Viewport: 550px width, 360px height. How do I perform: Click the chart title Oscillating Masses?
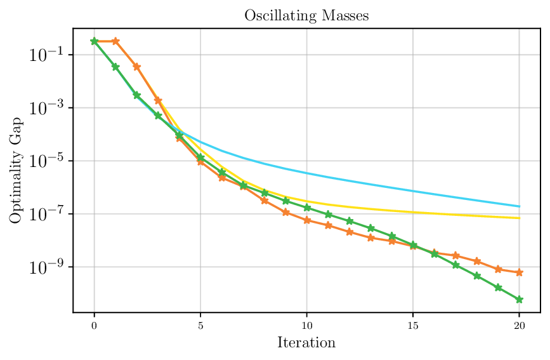pyautogui.click(x=306, y=17)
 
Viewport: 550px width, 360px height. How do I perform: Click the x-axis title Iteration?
pyautogui.click(x=306, y=343)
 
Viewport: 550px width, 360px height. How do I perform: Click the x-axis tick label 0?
pyautogui.click(x=95, y=325)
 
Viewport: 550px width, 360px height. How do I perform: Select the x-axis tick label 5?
pyautogui.click(x=200, y=325)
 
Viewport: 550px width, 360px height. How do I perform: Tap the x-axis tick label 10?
pyautogui.click(x=307, y=325)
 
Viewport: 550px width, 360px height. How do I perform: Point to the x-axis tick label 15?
pyautogui.click(x=413, y=325)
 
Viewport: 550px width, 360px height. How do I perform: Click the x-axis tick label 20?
pyautogui.click(x=520, y=325)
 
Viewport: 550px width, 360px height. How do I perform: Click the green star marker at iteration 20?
pyautogui.click(x=520, y=300)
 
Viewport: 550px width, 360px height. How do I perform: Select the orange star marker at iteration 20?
pyautogui.click(x=520, y=272)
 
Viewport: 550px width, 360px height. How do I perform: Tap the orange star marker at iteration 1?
pyautogui.click(x=115, y=41)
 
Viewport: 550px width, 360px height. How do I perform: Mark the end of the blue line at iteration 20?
pyautogui.click(x=520, y=206)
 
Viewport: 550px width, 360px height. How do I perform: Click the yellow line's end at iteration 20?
pyautogui.click(x=520, y=218)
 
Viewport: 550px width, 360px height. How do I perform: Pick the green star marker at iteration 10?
pyautogui.click(x=307, y=208)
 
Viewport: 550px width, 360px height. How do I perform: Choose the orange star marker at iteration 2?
pyautogui.click(x=137, y=67)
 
